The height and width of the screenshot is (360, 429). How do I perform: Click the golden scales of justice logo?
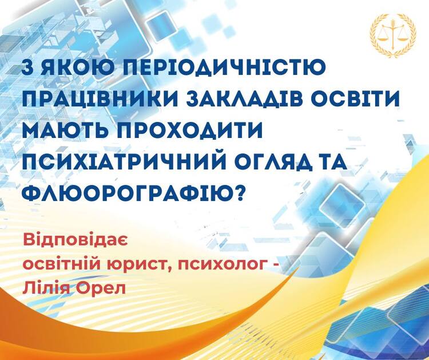tap(393, 36)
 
